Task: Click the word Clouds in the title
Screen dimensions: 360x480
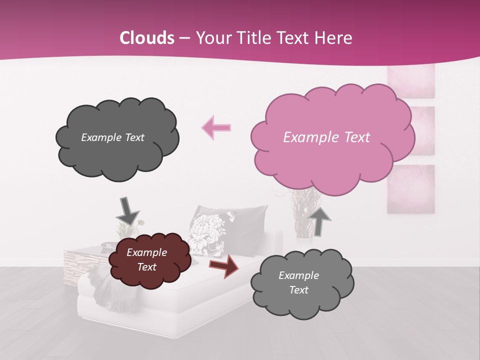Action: (147, 38)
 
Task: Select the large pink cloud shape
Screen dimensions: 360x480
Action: (332, 135)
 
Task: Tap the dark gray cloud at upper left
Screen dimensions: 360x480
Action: (116, 138)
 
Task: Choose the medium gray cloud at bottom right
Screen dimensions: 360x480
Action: (301, 283)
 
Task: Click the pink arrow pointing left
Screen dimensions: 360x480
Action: (216, 127)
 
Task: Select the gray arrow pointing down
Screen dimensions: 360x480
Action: (127, 210)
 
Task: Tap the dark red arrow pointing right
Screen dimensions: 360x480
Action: (223, 266)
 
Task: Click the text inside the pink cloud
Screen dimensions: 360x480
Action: (326, 137)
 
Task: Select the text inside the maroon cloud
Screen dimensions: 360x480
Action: (146, 259)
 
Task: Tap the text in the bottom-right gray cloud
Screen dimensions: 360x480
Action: (298, 282)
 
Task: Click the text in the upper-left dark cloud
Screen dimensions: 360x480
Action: (112, 137)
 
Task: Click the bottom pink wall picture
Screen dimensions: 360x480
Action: (410, 189)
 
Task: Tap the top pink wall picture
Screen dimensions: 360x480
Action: (411, 80)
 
